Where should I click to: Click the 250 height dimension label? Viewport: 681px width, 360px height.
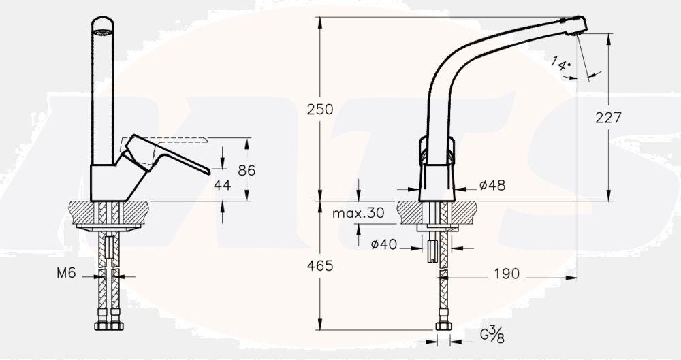click(x=320, y=108)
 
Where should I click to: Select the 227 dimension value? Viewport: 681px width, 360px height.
click(x=608, y=117)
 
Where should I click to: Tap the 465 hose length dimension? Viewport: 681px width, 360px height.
click(x=320, y=266)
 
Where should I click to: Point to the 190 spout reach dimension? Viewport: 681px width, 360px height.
click(x=506, y=274)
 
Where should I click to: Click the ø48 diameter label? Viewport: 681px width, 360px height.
click(x=492, y=185)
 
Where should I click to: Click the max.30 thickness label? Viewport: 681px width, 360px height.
click(x=358, y=213)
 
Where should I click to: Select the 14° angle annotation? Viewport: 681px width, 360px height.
click(x=560, y=64)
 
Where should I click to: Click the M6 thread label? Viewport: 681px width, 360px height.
click(x=66, y=274)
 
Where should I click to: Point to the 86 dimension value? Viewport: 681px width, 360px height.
click(x=247, y=170)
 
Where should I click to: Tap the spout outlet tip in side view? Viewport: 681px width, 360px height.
click(x=579, y=26)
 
